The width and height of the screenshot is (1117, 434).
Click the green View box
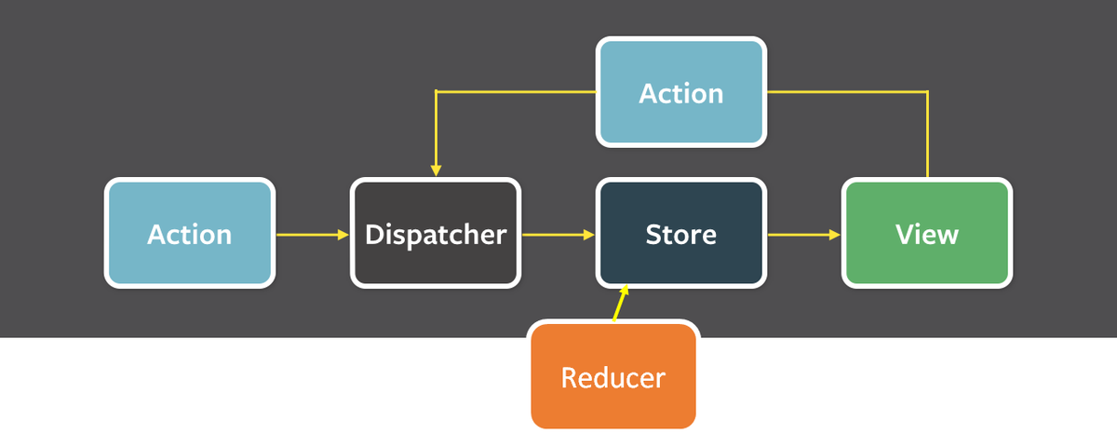tap(927, 233)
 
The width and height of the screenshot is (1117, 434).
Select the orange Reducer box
tap(613, 375)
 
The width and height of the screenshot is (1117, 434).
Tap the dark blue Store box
tap(681, 233)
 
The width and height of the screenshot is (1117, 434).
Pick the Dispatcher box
tap(436, 233)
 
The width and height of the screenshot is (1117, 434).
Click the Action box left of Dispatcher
tap(190, 233)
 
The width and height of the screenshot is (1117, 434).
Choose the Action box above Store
tap(681, 92)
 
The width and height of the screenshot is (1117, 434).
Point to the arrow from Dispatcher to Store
tap(558, 235)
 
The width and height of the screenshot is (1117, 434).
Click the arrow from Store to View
tap(804, 235)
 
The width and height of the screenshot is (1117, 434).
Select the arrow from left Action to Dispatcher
tap(313, 235)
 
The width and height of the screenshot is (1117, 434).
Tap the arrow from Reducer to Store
tap(620, 304)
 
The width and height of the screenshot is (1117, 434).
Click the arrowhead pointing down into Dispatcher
tap(436, 170)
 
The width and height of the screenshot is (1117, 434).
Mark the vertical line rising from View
tap(927, 134)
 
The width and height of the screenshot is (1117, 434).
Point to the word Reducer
tap(613, 377)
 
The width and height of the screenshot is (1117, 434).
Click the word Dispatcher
tap(436, 235)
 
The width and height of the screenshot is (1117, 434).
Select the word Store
tap(681, 235)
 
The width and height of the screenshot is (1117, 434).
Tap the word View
tap(927, 234)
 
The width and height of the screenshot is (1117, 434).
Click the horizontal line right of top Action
tap(847, 92)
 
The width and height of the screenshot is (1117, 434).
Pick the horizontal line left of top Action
tap(516, 92)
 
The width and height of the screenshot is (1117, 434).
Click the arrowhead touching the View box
tap(835, 235)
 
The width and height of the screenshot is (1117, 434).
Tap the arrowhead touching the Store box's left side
tap(589, 235)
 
